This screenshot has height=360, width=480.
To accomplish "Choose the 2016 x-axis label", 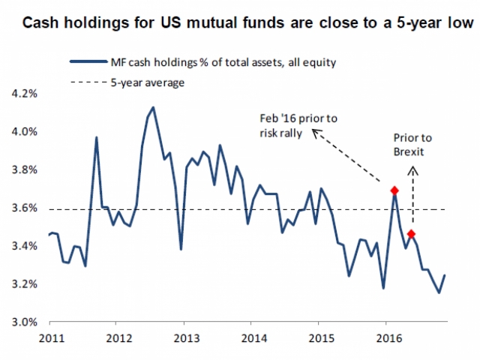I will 386,337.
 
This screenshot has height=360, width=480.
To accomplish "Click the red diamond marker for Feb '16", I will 394,190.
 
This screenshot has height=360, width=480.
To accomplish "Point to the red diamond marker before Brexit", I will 411,234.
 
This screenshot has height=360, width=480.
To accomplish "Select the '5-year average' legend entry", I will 142,82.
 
